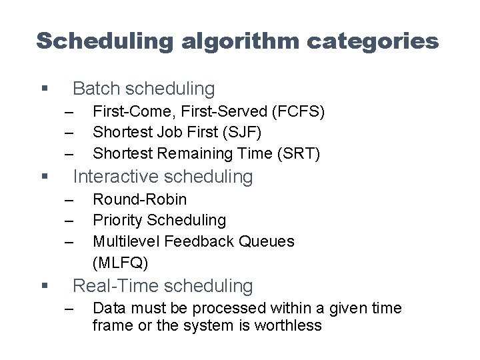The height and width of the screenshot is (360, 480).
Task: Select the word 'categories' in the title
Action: [x=373, y=41]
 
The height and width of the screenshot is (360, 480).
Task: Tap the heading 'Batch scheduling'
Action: [x=143, y=88]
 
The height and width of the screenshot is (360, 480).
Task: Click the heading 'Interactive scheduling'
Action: [x=163, y=177]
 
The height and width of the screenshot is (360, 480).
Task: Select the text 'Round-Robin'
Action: [x=140, y=199]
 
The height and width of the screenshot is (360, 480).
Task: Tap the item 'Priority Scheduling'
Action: [x=159, y=220]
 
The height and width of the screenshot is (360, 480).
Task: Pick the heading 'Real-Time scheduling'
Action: [x=163, y=286]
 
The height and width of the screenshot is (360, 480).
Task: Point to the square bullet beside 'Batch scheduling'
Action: [x=44, y=89]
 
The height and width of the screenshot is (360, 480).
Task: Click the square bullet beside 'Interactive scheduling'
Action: [x=44, y=177]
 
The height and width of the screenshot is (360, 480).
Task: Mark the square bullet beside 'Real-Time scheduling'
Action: [x=44, y=287]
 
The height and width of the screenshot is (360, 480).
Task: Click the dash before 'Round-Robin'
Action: [x=69, y=200]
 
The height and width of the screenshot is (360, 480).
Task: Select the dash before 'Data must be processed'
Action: [x=69, y=309]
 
